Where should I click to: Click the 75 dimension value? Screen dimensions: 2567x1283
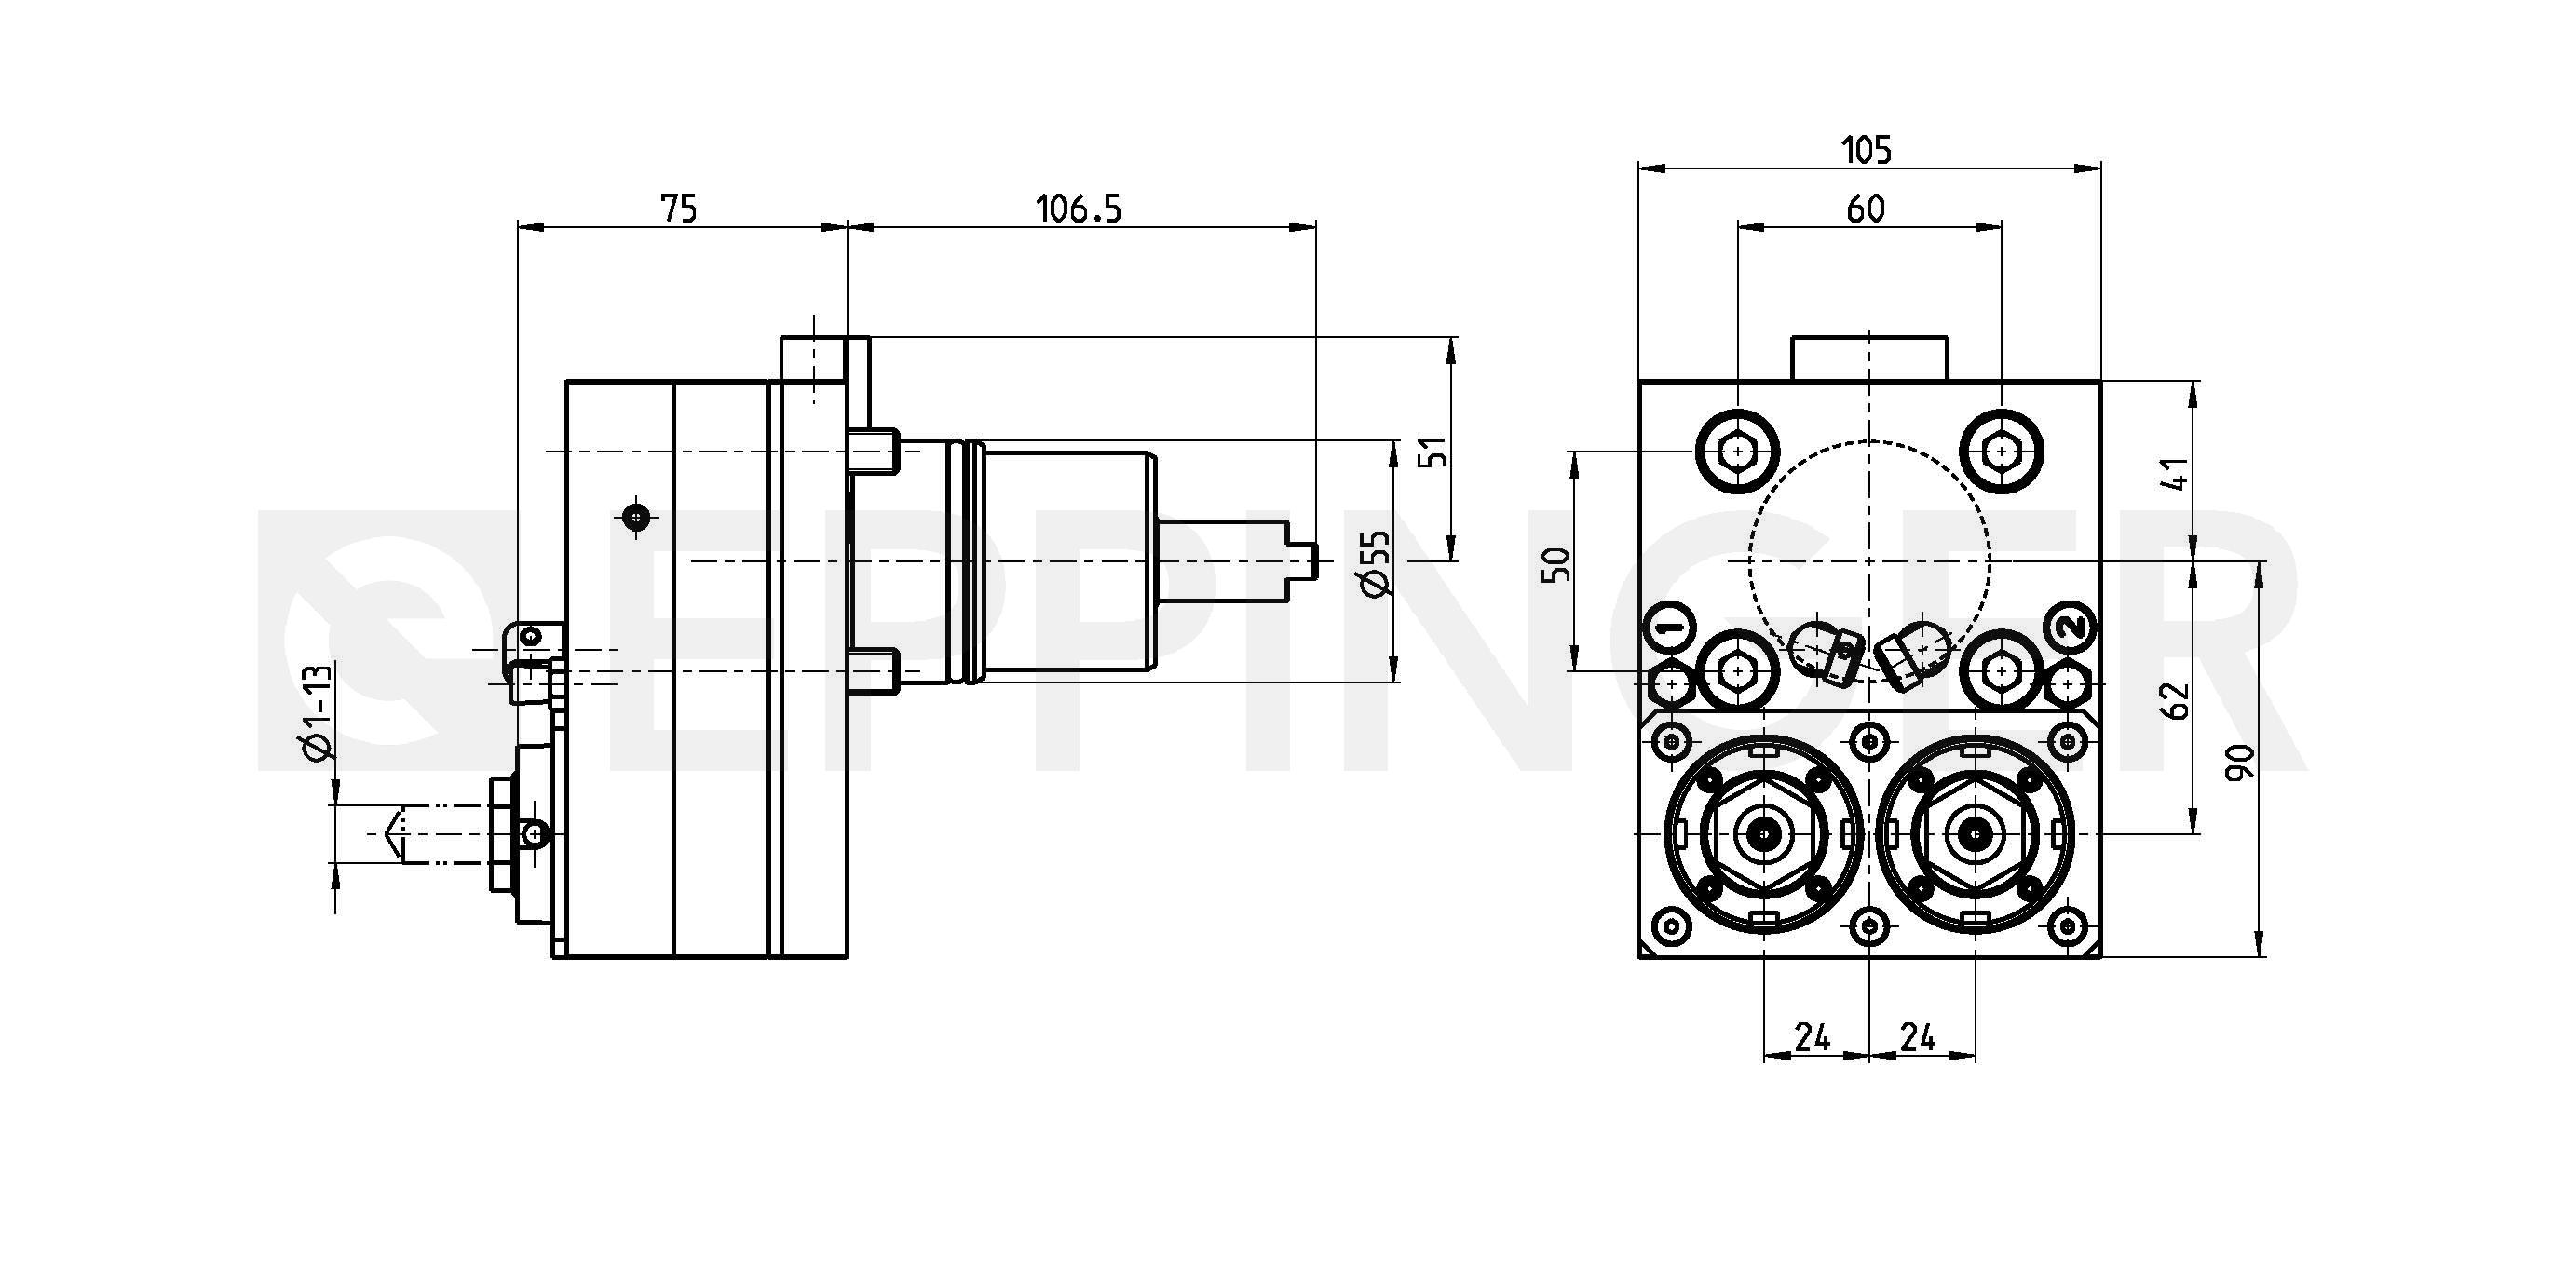[679, 209]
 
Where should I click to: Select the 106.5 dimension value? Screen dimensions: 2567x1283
[1080, 209]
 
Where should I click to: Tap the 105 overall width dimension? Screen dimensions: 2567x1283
[1866, 151]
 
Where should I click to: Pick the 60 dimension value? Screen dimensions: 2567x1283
[1866, 209]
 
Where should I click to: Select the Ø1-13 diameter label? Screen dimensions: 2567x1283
[315, 713]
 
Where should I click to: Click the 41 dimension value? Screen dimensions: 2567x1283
[2179, 473]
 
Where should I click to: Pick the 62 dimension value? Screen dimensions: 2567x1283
[2179, 700]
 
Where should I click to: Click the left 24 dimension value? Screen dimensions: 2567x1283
[1813, 1038]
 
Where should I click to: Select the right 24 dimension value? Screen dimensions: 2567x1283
[1917, 1038]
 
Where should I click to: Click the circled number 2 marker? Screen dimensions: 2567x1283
[2070, 628]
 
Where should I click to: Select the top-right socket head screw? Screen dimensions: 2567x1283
[2001, 452]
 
